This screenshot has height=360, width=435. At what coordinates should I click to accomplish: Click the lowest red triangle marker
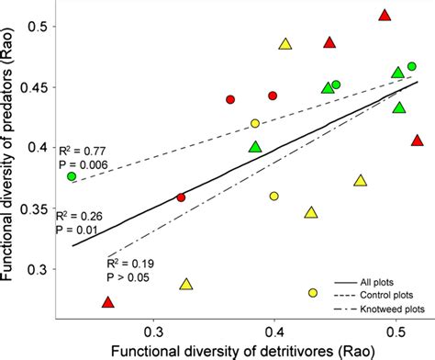[107, 302]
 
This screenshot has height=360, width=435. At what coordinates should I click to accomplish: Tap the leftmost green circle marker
[71, 176]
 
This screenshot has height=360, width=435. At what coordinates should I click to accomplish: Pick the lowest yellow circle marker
[313, 292]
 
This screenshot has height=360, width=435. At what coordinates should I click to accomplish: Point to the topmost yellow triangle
[285, 44]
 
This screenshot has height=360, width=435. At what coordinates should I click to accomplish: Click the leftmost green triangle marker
[255, 147]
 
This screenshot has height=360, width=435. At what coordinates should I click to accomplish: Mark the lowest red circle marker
[181, 197]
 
